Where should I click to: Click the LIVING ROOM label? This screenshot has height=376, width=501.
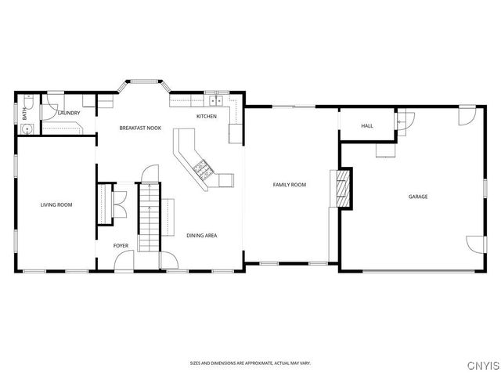click(x=56, y=204)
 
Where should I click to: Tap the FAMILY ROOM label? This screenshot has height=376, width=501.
click(x=290, y=185)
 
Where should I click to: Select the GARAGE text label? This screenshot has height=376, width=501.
click(x=418, y=197)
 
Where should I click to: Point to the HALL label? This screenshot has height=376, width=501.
click(x=367, y=126)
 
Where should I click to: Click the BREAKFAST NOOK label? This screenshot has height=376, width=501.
click(x=140, y=128)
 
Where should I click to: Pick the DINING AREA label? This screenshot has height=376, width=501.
click(x=202, y=236)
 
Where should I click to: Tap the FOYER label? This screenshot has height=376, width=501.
click(x=121, y=245)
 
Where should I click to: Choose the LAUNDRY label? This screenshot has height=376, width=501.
click(x=69, y=113)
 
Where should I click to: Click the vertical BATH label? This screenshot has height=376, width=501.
click(x=24, y=114)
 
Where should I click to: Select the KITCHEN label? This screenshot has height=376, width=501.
click(x=207, y=117)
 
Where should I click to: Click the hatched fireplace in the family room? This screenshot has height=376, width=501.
click(x=344, y=189)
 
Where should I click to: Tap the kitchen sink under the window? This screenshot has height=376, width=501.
click(x=216, y=101)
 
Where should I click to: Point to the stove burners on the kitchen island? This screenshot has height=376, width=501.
click(x=203, y=169)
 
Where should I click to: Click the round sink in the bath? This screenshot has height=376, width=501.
click(x=28, y=129)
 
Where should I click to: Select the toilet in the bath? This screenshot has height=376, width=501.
click(x=29, y=101)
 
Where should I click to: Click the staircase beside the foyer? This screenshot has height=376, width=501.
click(x=150, y=217)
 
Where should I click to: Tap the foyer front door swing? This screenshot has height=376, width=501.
click(x=124, y=260)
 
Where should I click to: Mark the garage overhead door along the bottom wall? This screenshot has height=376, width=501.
click(x=419, y=272)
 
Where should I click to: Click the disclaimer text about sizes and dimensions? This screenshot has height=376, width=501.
click(x=250, y=363)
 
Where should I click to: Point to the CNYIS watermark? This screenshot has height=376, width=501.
click(x=484, y=366)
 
